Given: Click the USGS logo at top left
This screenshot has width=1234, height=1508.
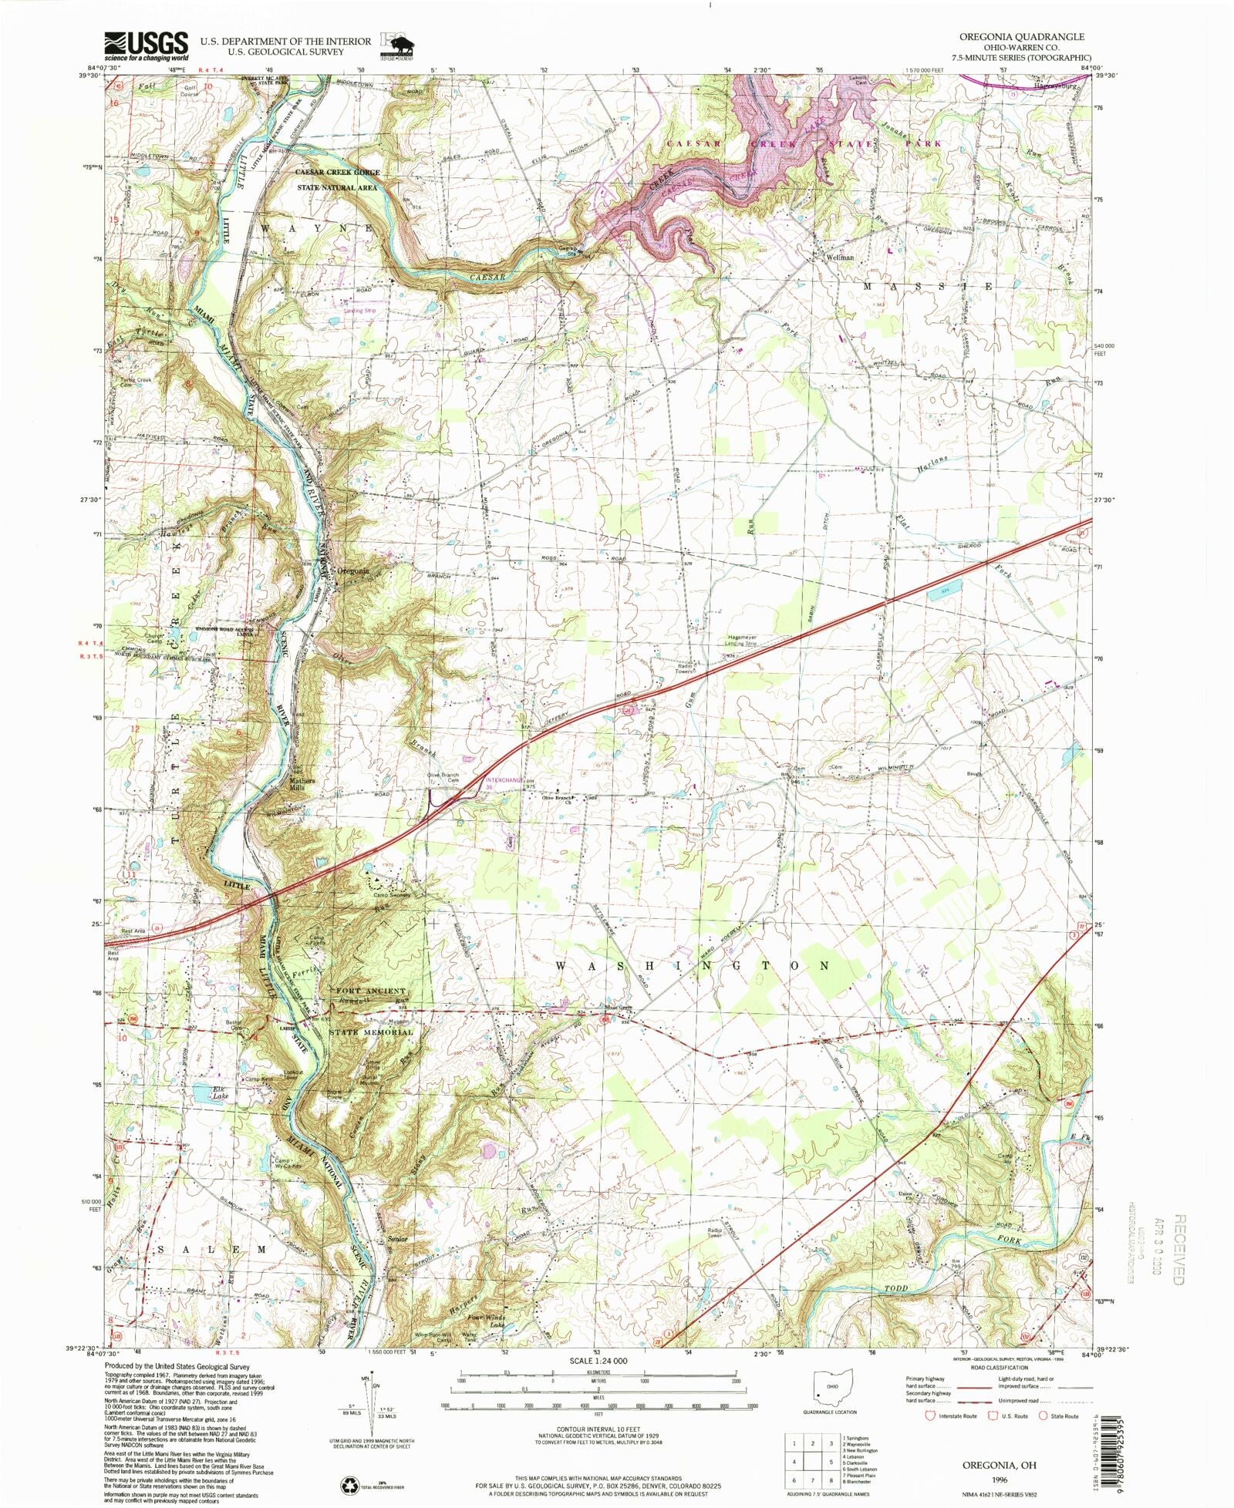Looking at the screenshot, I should coord(146,46).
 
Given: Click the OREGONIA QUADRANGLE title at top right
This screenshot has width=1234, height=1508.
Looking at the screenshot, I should coord(1021,37).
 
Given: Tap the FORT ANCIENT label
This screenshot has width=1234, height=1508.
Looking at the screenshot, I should coord(370,991).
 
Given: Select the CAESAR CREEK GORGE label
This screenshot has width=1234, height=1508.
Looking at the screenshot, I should coord(339,172).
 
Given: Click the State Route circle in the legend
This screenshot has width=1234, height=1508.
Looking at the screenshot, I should coord(1044,1415).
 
